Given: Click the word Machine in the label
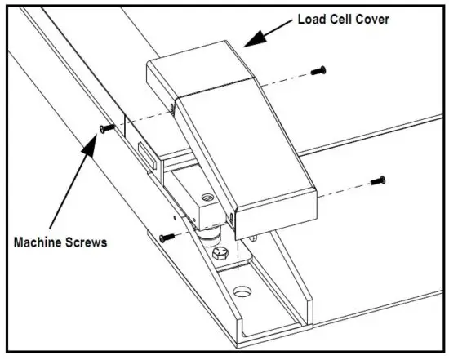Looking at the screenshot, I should point(42,242).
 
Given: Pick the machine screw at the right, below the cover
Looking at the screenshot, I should point(377,180).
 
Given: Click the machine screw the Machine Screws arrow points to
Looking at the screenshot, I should point(103,129).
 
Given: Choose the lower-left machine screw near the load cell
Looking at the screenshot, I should point(166,237).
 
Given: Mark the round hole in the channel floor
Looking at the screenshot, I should point(242,291).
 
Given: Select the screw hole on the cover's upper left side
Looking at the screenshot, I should point(173,104).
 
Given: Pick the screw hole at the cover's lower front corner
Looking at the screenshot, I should point(232,218).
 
